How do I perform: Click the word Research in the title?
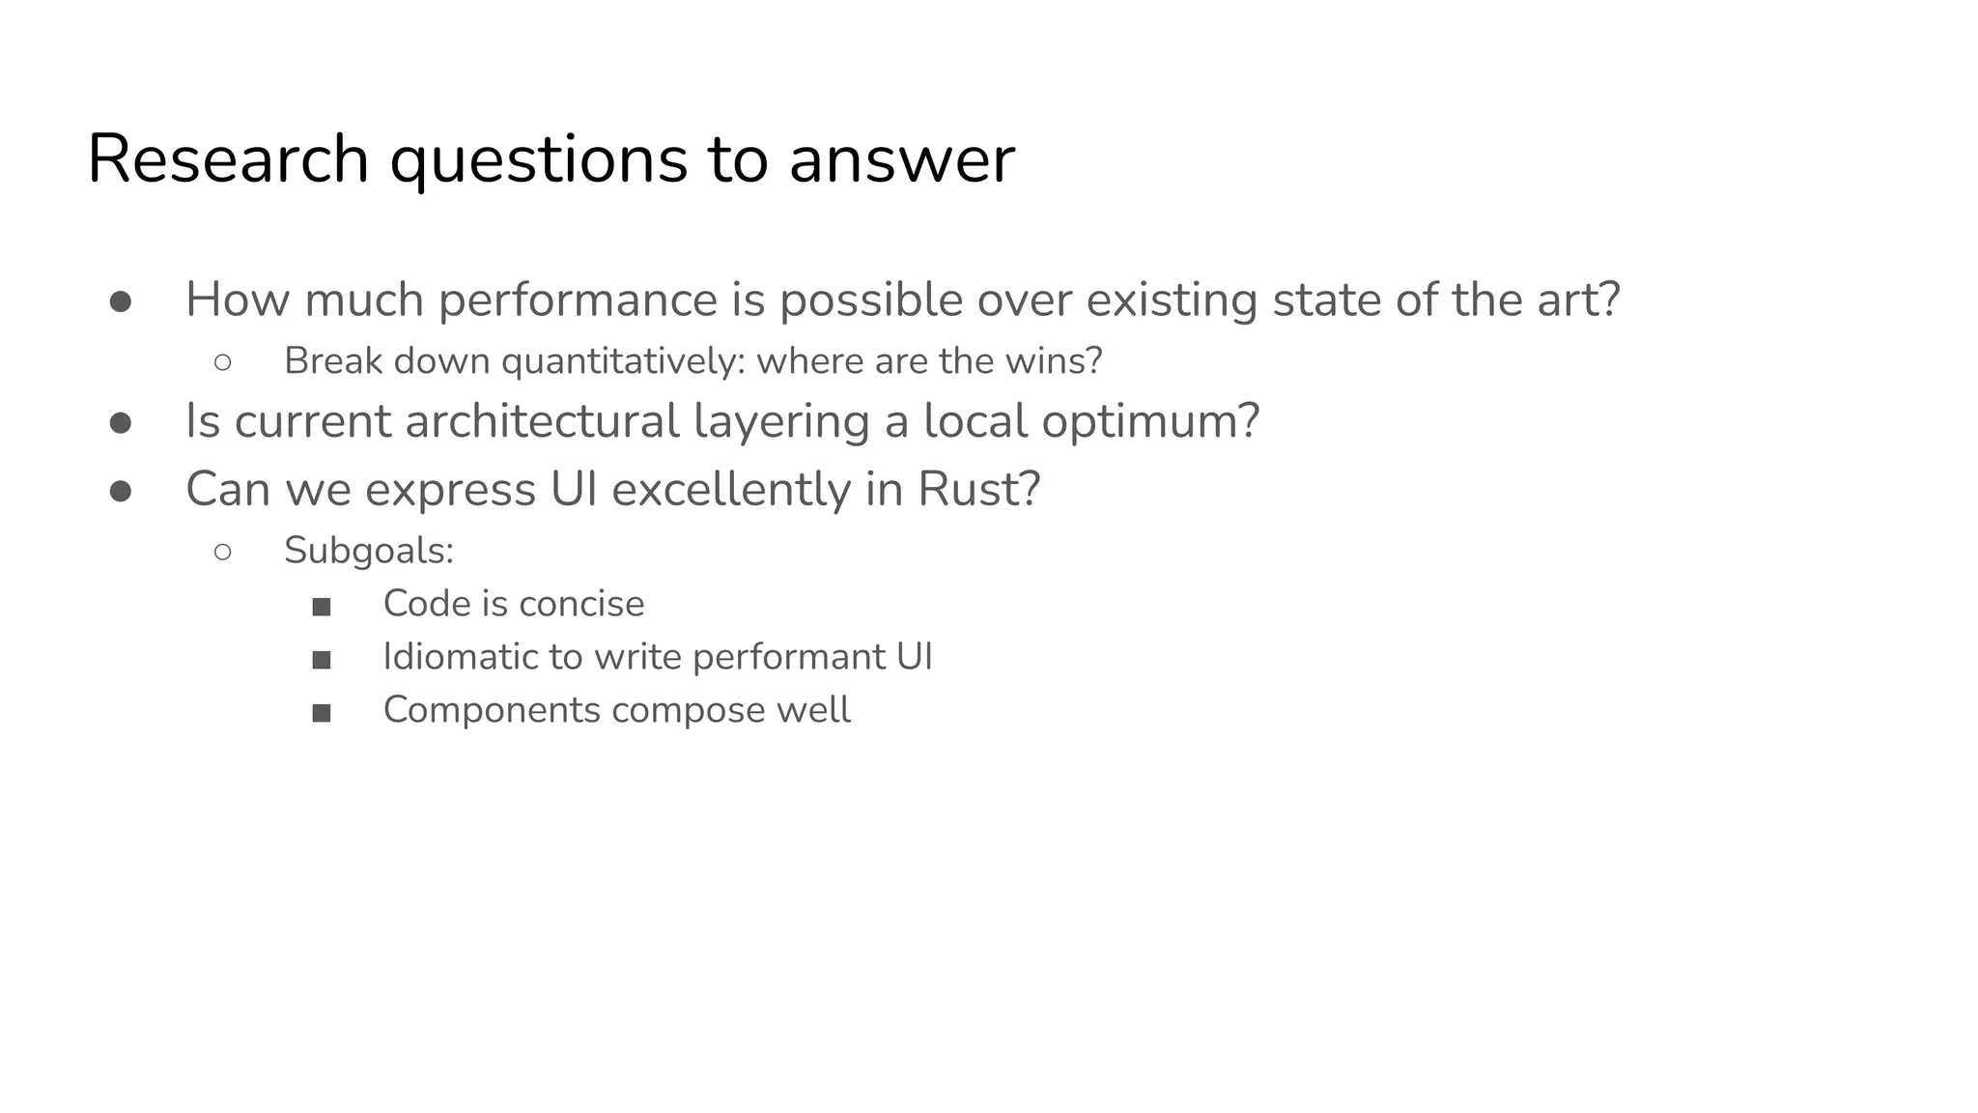tap(228, 158)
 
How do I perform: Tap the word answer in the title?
tap(901, 160)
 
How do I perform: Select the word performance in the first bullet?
tap(578, 300)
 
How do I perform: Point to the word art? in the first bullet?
tap(1574, 300)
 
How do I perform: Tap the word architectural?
tap(542, 421)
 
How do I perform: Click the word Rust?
tap(978, 489)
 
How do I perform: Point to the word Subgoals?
tap(369, 551)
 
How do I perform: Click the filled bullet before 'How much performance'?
tap(121, 302)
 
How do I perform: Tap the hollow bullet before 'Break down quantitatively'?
tap(222, 362)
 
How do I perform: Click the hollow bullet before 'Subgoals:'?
tap(222, 552)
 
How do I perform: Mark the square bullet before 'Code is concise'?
tap(322, 607)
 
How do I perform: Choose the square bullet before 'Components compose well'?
tap(322, 713)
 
